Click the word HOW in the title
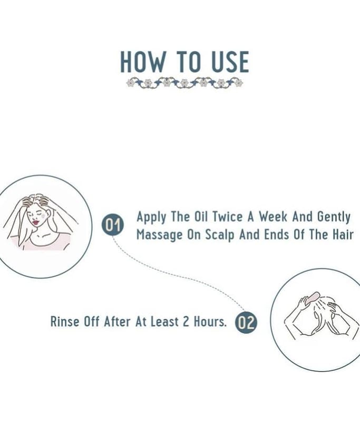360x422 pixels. tap(142, 62)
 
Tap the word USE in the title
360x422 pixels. tap(230, 62)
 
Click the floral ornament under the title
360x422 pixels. tap(184, 83)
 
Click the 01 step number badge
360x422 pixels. tap(113, 225)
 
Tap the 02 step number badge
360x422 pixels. tap(246, 322)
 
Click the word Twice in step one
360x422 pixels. tap(227, 217)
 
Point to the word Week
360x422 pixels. tap(273, 217)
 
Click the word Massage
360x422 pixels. tap(159, 235)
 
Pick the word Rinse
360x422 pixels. tap(65, 321)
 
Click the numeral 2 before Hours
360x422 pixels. tap(186, 322)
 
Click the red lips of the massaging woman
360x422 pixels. tap(36, 223)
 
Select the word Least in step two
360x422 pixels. tap(164, 322)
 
